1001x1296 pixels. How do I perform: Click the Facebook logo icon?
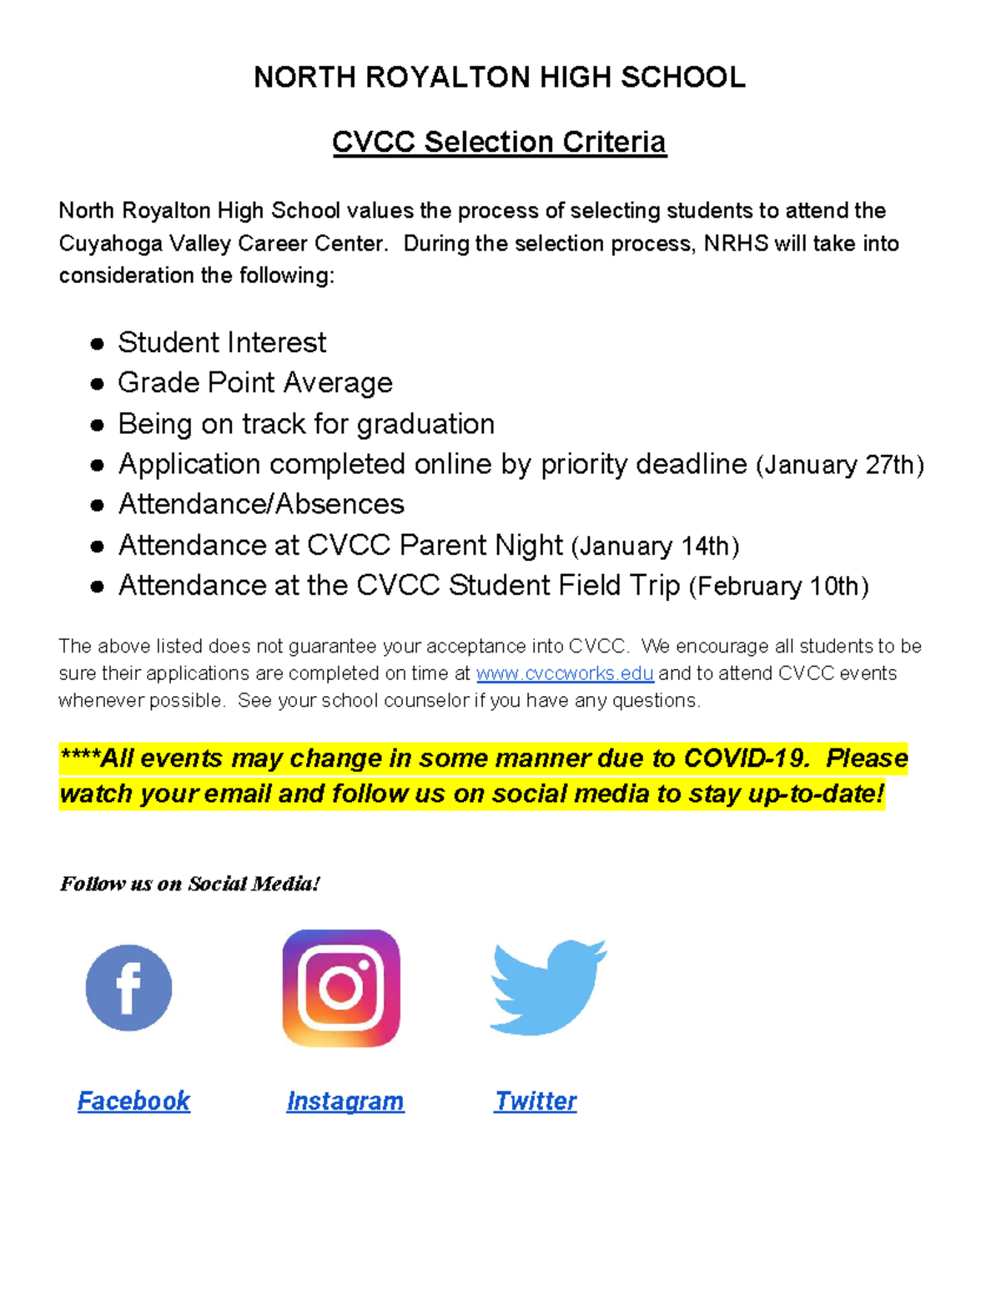128,987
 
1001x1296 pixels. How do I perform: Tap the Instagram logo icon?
341,988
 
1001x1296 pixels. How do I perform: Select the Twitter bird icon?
548,987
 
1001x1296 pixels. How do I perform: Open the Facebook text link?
133,1101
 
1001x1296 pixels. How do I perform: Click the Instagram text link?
345,1101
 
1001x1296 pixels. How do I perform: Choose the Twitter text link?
536,1101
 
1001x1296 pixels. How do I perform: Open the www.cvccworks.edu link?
565,673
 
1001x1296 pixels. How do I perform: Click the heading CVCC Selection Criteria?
499,142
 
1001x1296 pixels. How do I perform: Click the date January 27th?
840,465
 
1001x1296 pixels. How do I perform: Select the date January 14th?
656,547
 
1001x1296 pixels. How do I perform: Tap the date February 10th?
779,587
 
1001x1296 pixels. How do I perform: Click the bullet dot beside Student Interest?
98,344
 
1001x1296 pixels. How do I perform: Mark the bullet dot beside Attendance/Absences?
98,505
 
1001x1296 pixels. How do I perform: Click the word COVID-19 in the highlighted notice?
745,758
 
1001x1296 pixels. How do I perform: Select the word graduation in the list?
425,424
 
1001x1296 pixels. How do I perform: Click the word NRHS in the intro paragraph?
736,244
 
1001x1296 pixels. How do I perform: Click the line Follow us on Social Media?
189,884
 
